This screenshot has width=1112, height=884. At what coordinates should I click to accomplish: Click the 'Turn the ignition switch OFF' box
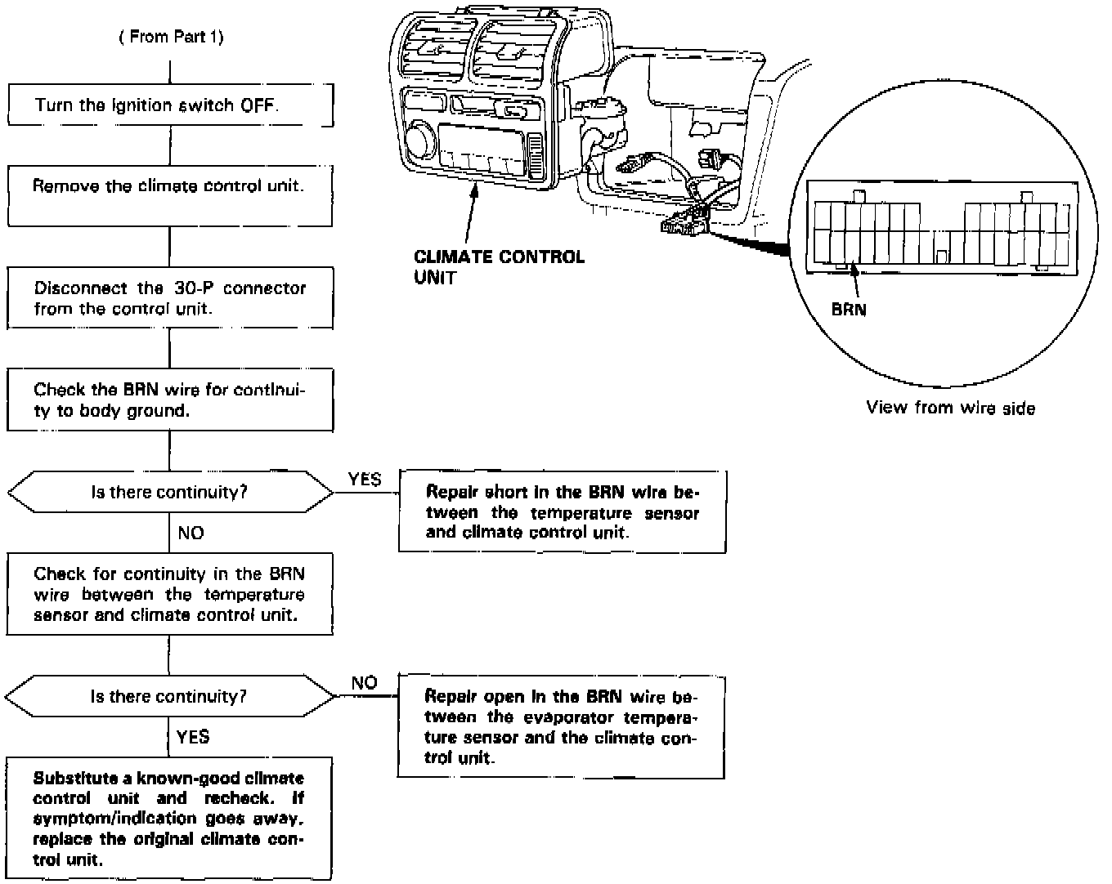coord(170,105)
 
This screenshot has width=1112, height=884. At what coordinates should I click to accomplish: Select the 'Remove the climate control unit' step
coord(170,195)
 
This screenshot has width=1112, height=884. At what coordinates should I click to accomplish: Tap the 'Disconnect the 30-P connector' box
coord(170,297)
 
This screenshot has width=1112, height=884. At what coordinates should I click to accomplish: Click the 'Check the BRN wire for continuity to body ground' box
coord(170,400)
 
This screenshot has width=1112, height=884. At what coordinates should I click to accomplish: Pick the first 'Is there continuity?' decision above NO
coord(170,493)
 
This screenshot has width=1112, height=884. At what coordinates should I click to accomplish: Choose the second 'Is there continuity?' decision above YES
coord(170,697)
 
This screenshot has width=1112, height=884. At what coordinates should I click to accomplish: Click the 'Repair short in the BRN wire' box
coord(562,512)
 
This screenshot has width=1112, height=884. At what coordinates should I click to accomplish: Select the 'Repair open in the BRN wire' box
coord(562,726)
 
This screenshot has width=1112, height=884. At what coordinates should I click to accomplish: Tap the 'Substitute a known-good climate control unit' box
coord(169,818)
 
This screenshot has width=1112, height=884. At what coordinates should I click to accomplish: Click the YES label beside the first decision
coord(365,480)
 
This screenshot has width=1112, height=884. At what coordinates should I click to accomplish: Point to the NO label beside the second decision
coord(364,683)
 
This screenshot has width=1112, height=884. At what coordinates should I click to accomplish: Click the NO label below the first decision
coord(191,534)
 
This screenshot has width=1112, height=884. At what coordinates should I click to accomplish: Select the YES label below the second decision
coord(193,737)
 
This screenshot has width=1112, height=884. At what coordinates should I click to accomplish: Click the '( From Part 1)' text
coord(171,37)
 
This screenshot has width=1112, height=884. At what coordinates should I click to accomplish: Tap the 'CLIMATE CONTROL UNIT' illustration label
coord(499,266)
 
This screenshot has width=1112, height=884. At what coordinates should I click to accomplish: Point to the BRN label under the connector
coord(849,310)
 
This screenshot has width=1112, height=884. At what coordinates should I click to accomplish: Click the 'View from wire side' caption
coord(950,408)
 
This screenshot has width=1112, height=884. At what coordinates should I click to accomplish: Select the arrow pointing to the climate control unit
coord(471,213)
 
